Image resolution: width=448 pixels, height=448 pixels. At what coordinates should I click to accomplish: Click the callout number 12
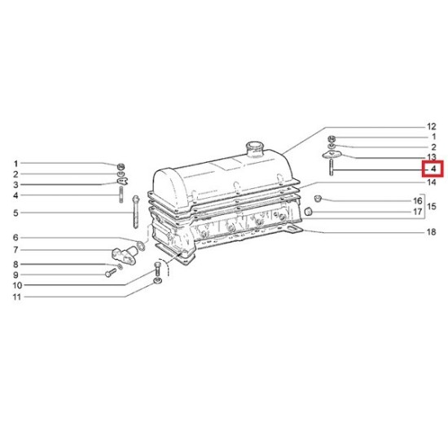432,126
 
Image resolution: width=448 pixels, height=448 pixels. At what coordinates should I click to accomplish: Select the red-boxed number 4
433,169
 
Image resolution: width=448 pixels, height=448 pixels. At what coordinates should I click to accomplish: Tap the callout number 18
432,232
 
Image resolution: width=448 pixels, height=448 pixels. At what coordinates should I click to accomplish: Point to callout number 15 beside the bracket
432,206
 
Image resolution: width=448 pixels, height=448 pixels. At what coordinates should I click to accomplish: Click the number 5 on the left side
15,213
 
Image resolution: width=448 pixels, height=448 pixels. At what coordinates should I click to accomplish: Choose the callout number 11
17,296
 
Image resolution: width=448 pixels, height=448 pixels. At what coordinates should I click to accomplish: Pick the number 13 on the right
432,157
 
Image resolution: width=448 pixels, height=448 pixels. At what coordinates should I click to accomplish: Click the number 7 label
15,250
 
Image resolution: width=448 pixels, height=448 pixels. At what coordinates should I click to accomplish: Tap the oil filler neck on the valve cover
255,148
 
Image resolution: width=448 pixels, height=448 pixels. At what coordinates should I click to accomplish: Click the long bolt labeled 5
136,212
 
